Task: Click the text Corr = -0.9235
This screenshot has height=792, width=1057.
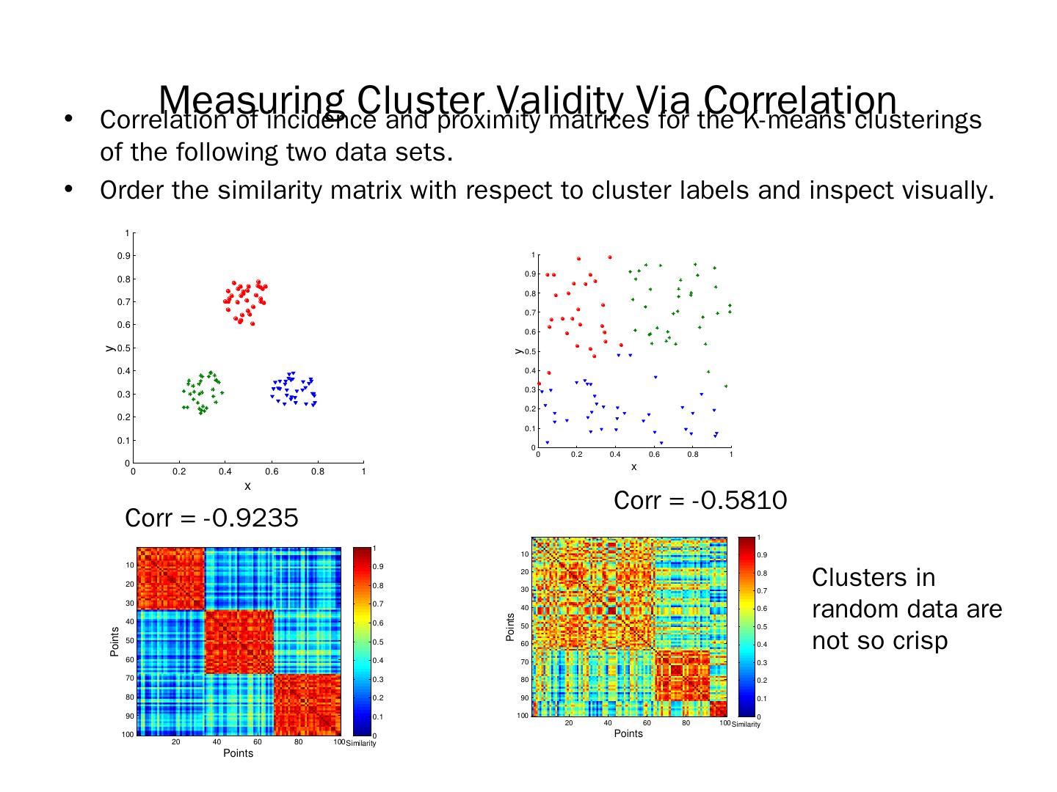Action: coord(212,518)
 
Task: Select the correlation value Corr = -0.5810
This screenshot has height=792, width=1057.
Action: coord(700,500)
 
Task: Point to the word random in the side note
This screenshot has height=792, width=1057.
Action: coord(853,609)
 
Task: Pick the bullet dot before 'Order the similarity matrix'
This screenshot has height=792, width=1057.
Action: coord(69,189)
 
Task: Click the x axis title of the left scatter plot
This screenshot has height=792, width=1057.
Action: coord(247,485)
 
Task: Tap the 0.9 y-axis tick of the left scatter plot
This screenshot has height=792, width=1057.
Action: coord(123,256)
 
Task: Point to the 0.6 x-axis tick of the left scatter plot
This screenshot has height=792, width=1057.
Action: coord(272,472)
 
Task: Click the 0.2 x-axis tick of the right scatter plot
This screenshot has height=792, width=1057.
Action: coord(577,455)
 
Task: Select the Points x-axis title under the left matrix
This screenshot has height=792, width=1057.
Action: coord(239,753)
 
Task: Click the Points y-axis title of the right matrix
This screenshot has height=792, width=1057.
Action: coord(510,628)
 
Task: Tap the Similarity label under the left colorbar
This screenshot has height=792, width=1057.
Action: coord(361,744)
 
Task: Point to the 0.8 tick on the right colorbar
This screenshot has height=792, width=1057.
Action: coord(762,573)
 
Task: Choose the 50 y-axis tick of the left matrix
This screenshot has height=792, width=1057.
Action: coord(129,641)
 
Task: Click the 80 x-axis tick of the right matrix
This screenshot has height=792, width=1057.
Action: coord(686,724)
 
